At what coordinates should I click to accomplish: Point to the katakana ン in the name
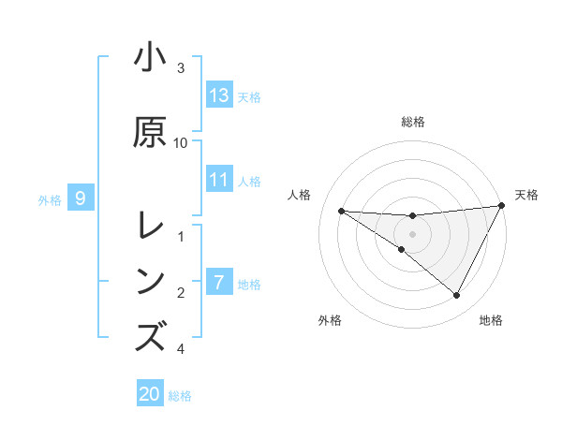[x=150, y=280]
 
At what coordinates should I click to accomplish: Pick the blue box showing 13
[x=219, y=95]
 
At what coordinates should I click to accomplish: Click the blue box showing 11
[x=219, y=180]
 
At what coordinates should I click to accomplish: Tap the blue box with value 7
[x=219, y=283]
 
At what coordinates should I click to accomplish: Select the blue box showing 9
[x=81, y=198]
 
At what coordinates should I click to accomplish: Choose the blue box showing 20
[x=150, y=394]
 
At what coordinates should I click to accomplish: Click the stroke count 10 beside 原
[x=181, y=142]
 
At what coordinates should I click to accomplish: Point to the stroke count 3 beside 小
[x=181, y=67]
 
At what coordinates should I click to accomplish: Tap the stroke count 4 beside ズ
[x=181, y=349]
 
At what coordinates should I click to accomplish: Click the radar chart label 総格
[x=413, y=122]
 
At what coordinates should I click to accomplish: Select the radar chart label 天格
[x=526, y=195]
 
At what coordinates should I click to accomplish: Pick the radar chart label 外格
[x=330, y=320]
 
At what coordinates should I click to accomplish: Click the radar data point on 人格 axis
[x=341, y=211]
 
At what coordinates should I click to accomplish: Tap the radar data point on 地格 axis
[x=457, y=296]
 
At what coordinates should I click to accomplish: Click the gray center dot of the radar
[x=413, y=234]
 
